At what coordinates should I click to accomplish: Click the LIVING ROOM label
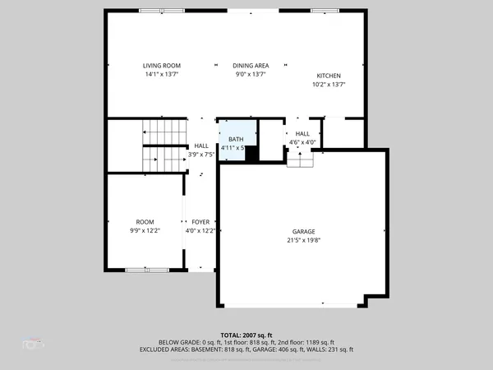[x=162, y=66]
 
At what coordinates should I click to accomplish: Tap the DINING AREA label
[x=251, y=66]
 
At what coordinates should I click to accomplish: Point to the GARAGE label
[x=303, y=232]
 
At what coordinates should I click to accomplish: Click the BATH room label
[x=236, y=140]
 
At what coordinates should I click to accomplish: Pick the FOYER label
[x=200, y=222]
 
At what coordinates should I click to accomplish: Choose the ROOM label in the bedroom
[x=145, y=222]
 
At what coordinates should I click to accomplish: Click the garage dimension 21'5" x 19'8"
[x=303, y=241]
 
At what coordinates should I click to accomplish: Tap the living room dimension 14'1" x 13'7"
[x=162, y=75]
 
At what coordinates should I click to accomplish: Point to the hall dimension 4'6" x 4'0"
[x=302, y=142]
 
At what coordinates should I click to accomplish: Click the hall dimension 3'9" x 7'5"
[x=201, y=154]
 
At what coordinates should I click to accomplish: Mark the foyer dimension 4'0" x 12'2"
[x=200, y=231]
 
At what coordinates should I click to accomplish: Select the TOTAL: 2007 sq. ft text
[x=246, y=335]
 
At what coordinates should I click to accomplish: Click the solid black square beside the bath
[x=252, y=153]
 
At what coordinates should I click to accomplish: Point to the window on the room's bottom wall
[x=148, y=269]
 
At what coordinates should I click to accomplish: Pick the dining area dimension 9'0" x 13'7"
[x=251, y=75]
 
